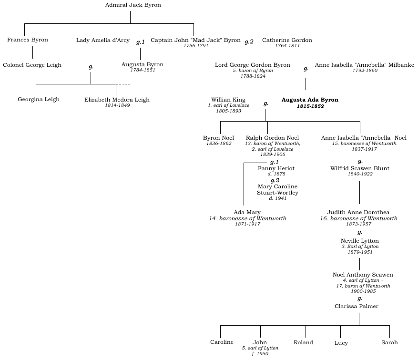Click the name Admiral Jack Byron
click(133, 5)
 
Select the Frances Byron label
click(28, 40)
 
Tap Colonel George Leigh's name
click(32, 65)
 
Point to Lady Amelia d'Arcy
click(102, 40)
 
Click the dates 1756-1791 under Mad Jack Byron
click(196, 46)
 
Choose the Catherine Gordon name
click(287, 40)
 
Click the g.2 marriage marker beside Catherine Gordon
click(249, 42)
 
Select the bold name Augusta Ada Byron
click(310, 100)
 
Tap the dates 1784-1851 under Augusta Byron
click(143, 70)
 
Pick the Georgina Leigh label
click(39, 100)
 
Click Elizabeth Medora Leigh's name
click(117, 100)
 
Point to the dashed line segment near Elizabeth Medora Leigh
click(123, 84)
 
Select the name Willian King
click(228, 100)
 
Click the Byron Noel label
click(218, 138)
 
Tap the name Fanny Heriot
click(276, 168)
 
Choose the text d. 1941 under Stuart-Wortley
click(277, 198)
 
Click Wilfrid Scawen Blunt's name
click(359, 168)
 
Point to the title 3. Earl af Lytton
click(360, 247)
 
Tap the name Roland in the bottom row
click(303, 342)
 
